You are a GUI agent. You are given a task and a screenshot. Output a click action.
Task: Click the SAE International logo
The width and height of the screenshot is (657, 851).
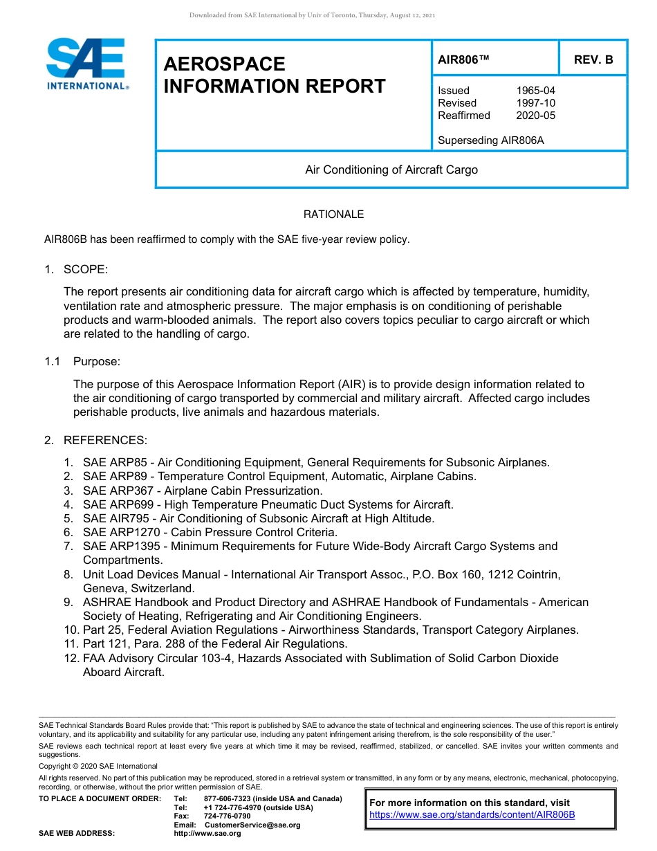tap(86, 64)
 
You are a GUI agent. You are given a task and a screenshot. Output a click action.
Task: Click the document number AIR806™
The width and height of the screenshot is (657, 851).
tap(463, 60)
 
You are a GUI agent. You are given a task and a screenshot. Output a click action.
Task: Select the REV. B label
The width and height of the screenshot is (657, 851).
tap(593, 60)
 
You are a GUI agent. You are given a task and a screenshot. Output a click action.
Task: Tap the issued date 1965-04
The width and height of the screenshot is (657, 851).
tap(535, 91)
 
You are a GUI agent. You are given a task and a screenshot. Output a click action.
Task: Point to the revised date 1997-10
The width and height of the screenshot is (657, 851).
tap(535, 103)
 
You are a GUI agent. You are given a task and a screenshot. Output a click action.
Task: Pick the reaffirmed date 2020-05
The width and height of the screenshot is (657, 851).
tap(535, 116)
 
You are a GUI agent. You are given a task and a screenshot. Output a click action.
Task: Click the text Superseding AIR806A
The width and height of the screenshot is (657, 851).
tap(491, 140)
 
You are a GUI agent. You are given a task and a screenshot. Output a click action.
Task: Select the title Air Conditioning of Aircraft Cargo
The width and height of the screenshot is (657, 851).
tap(391, 170)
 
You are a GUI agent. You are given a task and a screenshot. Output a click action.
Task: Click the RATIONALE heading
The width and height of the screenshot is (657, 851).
tap(333, 214)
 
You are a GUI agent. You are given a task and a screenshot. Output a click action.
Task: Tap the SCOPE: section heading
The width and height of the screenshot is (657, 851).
tap(86, 269)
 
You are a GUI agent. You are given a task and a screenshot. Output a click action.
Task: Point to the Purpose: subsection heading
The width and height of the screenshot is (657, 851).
tap(97, 362)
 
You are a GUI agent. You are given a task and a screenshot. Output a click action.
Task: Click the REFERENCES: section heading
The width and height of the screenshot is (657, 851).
tap(105, 441)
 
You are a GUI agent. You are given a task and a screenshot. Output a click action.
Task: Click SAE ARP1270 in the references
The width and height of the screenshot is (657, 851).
tap(118, 532)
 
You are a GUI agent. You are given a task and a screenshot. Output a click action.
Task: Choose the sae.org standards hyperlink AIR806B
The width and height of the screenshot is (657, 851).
tap(472, 814)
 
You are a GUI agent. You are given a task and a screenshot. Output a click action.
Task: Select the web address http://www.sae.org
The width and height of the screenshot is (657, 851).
tap(207, 833)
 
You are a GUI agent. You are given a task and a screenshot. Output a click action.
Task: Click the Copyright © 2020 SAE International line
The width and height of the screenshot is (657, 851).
tap(98, 766)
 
